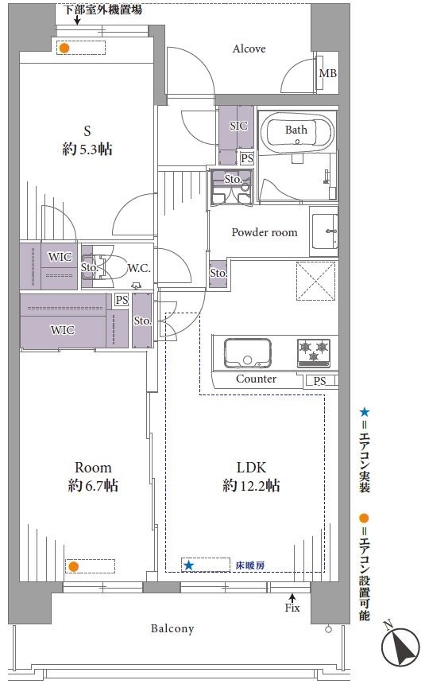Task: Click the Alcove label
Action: pos(249,49)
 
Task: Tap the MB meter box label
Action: pos(328,73)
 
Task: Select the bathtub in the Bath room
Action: pos(299,132)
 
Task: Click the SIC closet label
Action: pos(238,126)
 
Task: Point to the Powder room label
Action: pos(265,232)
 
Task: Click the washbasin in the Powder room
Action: pos(324,231)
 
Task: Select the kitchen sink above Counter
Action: pos(248,353)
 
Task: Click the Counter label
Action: pos(256,379)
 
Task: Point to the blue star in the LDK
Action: pos(188,565)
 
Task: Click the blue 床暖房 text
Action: pos(249,565)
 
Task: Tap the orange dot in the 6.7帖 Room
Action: pos(73,566)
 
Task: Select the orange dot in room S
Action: pos(64,48)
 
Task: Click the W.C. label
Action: pos(139,268)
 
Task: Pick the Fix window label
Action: pos(292,608)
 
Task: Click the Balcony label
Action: pos(172,628)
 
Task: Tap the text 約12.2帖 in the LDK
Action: pos(251,485)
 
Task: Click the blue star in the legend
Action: pos(365,412)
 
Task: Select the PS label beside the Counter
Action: pos(319,381)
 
